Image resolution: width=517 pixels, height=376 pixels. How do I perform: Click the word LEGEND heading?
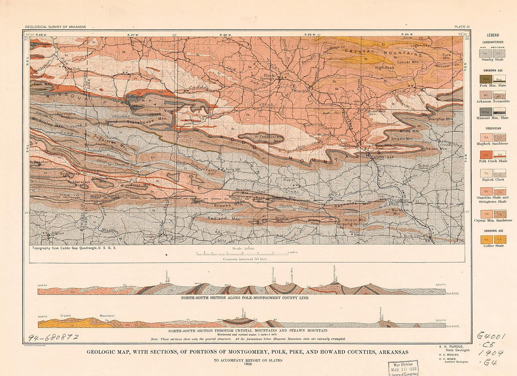point(493,35)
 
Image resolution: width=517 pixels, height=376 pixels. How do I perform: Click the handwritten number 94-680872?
point(53,337)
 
